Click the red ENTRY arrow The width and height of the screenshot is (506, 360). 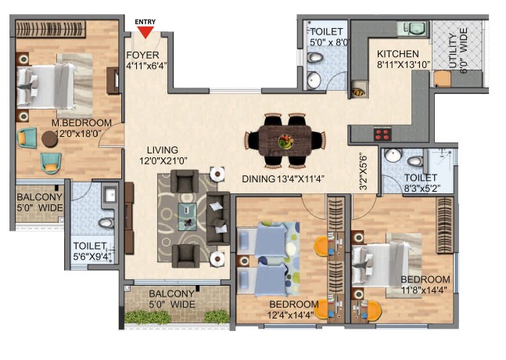[x=145, y=31]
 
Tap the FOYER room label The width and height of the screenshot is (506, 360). [x=142, y=55]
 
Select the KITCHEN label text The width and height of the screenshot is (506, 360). [x=398, y=53]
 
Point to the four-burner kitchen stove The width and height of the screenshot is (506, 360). [x=382, y=134]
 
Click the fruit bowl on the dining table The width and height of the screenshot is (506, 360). [x=285, y=142]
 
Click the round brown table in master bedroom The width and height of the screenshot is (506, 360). [x=50, y=139]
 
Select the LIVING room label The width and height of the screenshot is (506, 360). [x=163, y=150]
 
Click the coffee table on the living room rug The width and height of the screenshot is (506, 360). [x=187, y=217]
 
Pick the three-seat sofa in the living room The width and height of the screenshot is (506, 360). [x=218, y=218]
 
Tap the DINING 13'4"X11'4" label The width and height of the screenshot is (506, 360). [x=283, y=179]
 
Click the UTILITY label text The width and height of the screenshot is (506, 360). [x=454, y=52]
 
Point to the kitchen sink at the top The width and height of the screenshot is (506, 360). [x=413, y=28]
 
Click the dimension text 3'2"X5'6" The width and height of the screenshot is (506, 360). [x=363, y=171]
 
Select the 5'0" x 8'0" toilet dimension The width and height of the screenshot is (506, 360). [x=330, y=42]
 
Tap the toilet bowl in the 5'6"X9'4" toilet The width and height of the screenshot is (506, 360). [x=106, y=223]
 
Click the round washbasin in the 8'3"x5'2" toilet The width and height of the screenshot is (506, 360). [x=393, y=155]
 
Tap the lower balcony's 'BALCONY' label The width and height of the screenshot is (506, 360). [x=172, y=293]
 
